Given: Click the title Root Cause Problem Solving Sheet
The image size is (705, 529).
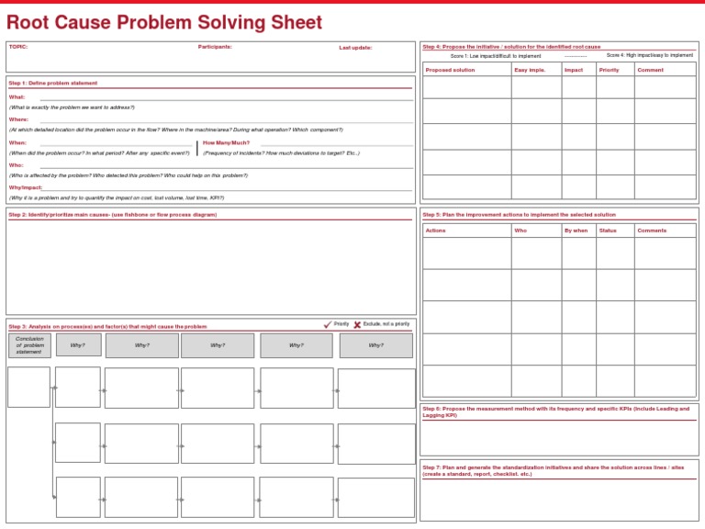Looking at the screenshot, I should tap(164, 22).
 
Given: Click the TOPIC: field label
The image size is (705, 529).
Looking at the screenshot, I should tap(18, 46).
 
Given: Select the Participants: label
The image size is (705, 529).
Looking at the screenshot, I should tap(215, 46).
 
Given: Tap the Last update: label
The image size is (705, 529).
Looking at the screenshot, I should tap(355, 48).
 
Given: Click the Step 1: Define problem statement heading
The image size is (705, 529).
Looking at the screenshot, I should tap(53, 83).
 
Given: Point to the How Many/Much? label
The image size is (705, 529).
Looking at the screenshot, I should tap(226, 142).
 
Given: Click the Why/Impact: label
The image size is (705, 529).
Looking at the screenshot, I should tap(26, 186).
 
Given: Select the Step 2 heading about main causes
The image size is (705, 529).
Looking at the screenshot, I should tap(113, 214).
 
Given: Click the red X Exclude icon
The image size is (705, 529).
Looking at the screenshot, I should tap(357, 324).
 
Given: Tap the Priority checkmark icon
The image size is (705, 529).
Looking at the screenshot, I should tap(328, 324).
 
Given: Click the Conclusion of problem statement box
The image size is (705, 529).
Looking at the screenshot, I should tap(29, 345).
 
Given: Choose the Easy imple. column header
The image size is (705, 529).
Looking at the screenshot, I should tap(530, 70).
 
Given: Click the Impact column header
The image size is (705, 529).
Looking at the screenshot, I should tap(574, 70).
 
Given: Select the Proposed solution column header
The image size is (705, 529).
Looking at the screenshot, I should tap(451, 70).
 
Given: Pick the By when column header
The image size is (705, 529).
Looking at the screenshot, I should tap(576, 231).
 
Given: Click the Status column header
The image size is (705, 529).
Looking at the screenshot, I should tap(608, 231).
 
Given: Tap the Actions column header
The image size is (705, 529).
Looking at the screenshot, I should tap(436, 231).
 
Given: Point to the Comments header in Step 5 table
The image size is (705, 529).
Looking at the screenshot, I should tap(652, 231).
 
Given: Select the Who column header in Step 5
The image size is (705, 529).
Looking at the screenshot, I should tap(520, 231).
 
